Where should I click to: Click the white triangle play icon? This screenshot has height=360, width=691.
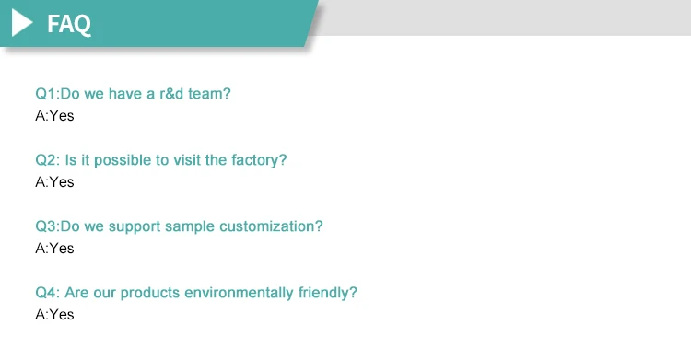(x=20, y=23)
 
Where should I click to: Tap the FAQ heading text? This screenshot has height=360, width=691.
(x=69, y=24)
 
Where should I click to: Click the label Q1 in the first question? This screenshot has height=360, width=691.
(x=46, y=94)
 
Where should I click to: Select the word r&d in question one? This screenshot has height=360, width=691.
(x=171, y=94)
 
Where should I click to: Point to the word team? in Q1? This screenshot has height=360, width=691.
(x=209, y=94)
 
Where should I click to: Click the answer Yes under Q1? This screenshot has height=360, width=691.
(x=62, y=116)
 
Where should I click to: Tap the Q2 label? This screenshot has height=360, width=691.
(x=46, y=160)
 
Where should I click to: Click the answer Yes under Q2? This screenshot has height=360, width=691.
(x=62, y=182)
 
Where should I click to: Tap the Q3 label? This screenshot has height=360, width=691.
(x=46, y=226)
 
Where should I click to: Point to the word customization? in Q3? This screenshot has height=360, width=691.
(x=271, y=226)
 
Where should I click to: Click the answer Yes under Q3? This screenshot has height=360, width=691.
(x=62, y=249)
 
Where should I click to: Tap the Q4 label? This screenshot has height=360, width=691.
(x=46, y=293)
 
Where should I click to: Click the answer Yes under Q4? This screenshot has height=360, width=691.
(x=62, y=315)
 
